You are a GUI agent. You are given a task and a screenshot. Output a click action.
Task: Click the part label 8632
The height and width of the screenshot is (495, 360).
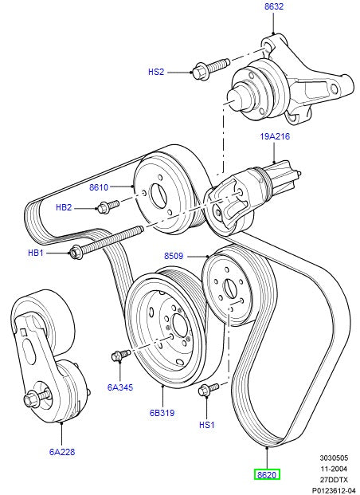[273, 7]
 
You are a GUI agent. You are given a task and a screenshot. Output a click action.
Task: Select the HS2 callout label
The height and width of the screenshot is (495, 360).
[156, 72]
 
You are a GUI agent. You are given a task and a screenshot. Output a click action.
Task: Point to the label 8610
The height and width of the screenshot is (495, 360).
[99, 188]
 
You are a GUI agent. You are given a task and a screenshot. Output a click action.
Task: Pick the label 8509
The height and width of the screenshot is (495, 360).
[174, 257]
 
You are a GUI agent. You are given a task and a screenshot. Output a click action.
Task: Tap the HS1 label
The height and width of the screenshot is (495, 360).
[206, 425]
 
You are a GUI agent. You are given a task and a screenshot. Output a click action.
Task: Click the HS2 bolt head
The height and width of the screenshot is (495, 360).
[201, 73]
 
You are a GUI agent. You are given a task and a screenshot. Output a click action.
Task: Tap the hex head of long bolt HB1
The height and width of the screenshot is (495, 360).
[76, 253]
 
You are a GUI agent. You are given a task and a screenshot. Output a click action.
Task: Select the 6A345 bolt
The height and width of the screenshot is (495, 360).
[119, 354]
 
